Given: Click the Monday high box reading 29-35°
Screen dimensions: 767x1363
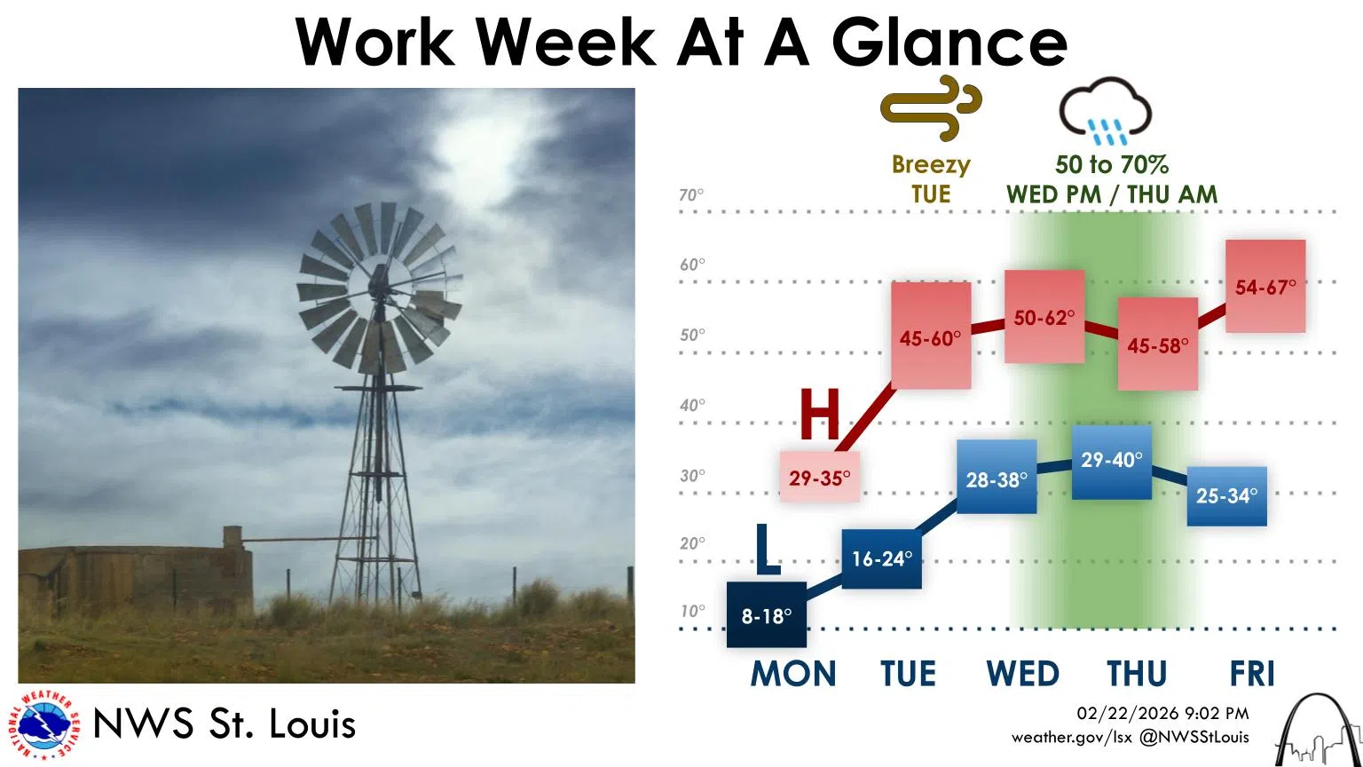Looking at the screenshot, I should [819, 478].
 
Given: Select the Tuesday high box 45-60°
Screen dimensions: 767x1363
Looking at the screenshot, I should [930, 337].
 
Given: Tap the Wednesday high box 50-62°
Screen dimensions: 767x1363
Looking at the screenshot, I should [1044, 317].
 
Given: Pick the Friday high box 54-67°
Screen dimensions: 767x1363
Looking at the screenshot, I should [1265, 287].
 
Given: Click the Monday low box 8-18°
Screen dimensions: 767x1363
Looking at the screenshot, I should [766, 614].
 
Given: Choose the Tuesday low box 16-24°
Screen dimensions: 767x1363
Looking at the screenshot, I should [881, 558].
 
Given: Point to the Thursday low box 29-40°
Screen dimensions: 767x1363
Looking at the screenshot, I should [1112, 461].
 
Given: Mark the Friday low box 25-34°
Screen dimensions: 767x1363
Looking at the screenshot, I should [1226, 495].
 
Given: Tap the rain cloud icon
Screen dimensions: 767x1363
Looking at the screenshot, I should [1106, 111].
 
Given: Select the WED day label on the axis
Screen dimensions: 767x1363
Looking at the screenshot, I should [1022, 674].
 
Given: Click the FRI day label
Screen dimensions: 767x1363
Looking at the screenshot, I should [1252, 674].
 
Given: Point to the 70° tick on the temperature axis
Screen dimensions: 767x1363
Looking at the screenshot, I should [691, 195].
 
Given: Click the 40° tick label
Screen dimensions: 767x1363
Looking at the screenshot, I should [691, 406].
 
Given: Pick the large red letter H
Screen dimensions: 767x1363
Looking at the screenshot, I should [820, 415].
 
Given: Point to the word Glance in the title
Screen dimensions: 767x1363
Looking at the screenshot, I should [949, 42].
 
